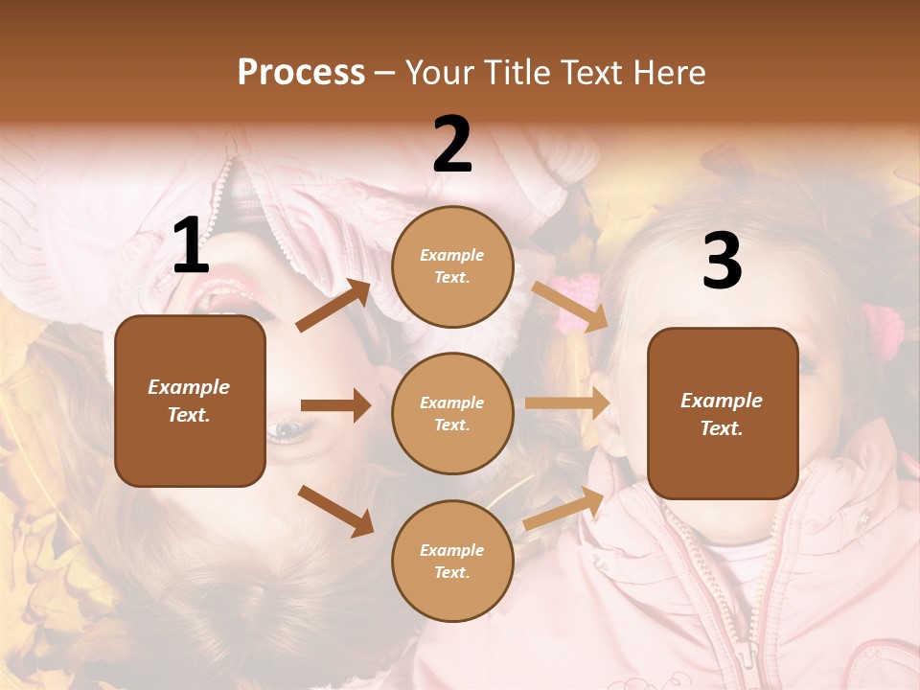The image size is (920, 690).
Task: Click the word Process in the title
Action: (x=301, y=73)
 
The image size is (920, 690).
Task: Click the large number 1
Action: (x=191, y=246)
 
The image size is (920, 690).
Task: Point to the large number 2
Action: (x=452, y=145)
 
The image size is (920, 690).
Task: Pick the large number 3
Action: (x=722, y=262)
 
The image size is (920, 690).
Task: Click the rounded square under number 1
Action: (x=190, y=401)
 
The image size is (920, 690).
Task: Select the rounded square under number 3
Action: (x=723, y=413)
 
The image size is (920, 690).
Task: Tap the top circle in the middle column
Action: (x=452, y=266)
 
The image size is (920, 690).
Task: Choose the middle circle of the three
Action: (x=452, y=413)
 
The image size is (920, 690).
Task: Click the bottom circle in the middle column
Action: (x=452, y=561)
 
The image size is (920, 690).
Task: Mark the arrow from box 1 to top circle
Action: (x=333, y=306)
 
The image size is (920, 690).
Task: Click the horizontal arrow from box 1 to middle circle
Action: (x=335, y=405)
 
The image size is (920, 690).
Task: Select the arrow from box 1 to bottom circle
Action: (x=335, y=511)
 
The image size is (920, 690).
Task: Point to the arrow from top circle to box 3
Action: (x=570, y=307)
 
